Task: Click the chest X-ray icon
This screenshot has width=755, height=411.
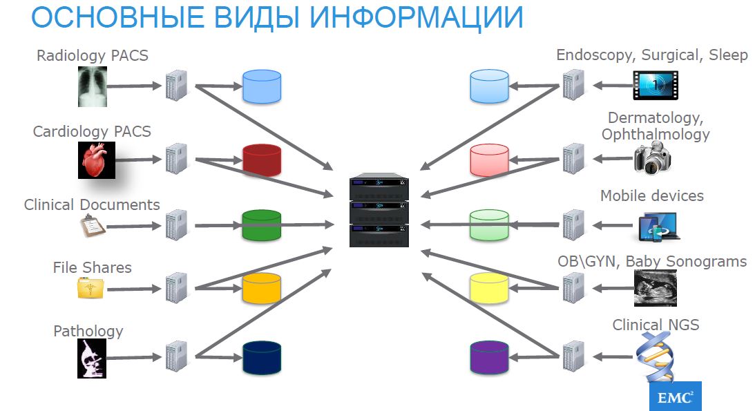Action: coord(93,86)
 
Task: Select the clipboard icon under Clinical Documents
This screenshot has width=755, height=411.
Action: coord(92,225)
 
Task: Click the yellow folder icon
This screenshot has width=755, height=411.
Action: coord(90,287)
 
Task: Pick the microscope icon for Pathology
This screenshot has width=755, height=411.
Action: coord(90,359)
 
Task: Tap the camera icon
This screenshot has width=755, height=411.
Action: coord(653,158)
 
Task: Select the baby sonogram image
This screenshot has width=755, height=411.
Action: coord(655,287)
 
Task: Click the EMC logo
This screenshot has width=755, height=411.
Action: coord(675,396)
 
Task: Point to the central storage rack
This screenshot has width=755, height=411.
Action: coord(379,212)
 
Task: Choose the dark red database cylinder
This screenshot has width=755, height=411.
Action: coord(261,160)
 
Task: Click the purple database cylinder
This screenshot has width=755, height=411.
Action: coord(489,357)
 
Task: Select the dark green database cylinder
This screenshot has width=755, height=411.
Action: coord(261,225)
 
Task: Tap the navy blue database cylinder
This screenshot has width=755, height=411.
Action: coord(261,357)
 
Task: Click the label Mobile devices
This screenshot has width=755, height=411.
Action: coord(651,195)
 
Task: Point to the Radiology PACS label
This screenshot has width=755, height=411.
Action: coord(93,55)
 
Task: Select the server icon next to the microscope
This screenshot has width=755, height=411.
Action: coord(176,357)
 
